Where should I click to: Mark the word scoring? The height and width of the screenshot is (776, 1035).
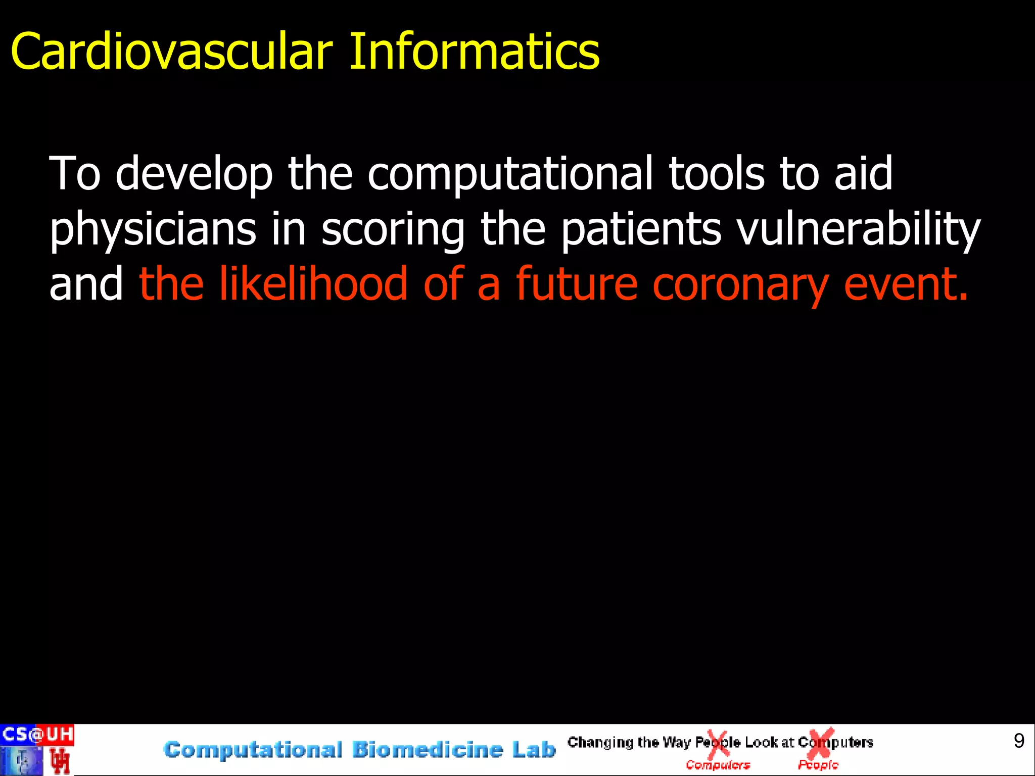point(393,230)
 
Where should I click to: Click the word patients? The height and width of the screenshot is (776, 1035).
point(641,230)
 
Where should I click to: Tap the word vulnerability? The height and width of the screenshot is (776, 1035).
point(858,230)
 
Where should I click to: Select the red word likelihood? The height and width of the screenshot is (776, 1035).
point(313,284)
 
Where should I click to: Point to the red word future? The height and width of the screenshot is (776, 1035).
point(576,284)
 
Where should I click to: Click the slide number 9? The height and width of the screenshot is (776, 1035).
point(1019,741)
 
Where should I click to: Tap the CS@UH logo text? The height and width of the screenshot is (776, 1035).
point(37,734)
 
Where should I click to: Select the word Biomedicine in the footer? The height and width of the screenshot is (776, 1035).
point(427,750)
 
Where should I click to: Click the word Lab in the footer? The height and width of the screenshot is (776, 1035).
point(534,750)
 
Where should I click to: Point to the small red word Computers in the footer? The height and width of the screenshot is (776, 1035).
point(718,765)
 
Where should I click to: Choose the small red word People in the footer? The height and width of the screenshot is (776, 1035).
point(818,765)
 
